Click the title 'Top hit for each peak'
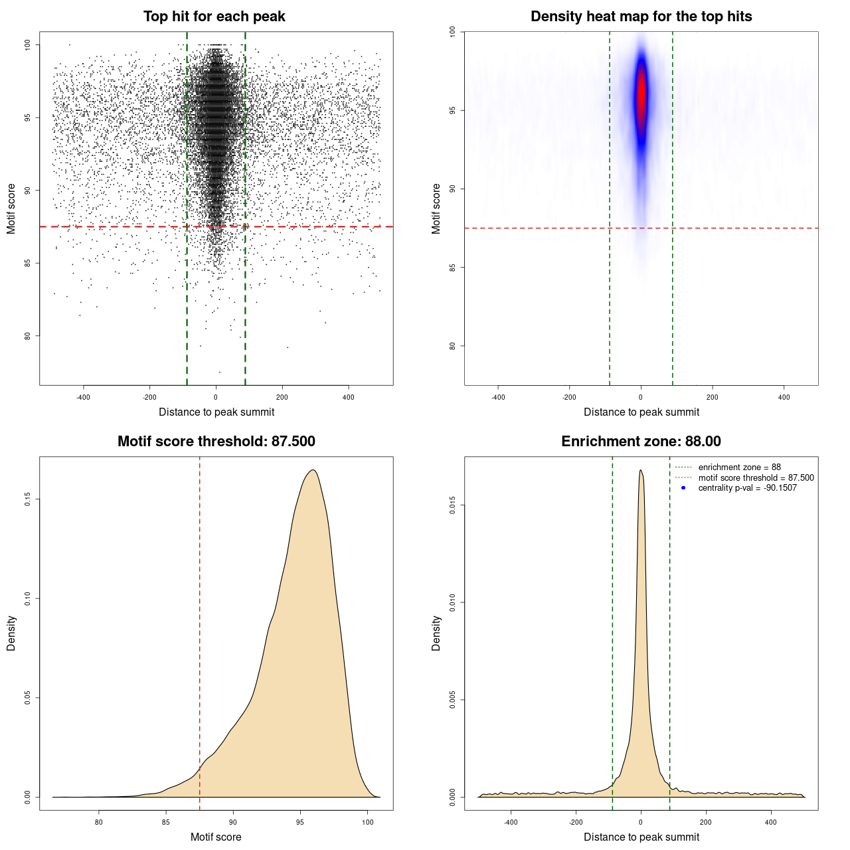(214, 17)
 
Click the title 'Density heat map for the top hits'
(641, 17)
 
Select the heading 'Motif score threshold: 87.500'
(216, 442)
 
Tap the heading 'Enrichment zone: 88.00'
(641, 442)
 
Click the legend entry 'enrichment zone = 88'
(739, 467)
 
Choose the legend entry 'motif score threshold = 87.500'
(756, 477)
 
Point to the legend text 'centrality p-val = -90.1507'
(747, 488)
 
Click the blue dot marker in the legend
(683, 488)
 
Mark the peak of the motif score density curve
(313, 471)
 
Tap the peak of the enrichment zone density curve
(640, 471)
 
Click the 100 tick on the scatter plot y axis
(28, 44)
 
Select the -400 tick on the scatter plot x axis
(83, 397)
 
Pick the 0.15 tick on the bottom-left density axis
(28, 499)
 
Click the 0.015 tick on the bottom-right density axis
(453, 505)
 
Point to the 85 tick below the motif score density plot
(166, 822)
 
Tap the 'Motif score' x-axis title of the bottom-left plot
(216, 837)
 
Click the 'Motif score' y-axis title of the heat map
(436, 209)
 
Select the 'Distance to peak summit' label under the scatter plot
(216, 412)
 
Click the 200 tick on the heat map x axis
(712, 397)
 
